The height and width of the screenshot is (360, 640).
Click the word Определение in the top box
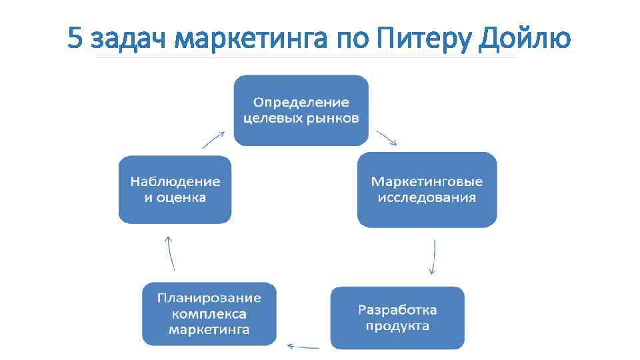tap(301, 103)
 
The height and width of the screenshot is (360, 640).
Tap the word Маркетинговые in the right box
tap(427, 181)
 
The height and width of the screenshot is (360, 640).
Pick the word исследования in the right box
tap(427, 197)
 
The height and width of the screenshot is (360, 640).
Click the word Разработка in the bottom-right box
tap(397, 310)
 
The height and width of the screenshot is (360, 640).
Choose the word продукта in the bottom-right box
tap(397, 326)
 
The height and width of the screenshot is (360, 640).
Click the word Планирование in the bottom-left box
tap(209, 298)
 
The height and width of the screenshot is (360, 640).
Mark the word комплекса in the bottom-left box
tap(209, 314)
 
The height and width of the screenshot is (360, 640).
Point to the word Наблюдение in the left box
tap(175, 181)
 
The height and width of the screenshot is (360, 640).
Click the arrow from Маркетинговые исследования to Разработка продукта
tap(433, 257)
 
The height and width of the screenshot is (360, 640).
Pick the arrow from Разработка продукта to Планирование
tap(303, 346)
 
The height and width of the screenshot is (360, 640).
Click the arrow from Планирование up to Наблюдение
tap(171, 253)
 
